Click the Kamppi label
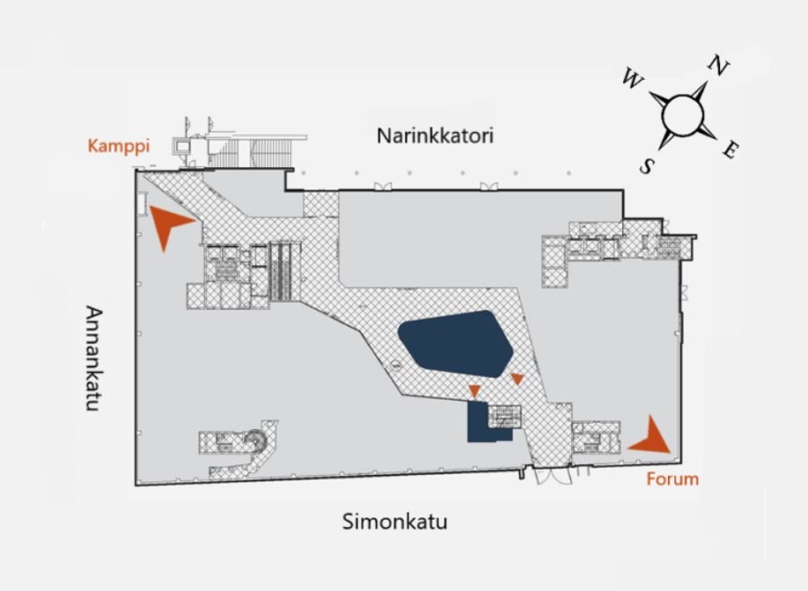(x=118, y=146)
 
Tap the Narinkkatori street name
(x=435, y=137)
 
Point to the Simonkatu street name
(x=395, y=521)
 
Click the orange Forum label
(x=672, y=479)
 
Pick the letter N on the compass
(x=718, y=65)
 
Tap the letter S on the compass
(x=647, y=165)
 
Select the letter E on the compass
(x=730, y=151)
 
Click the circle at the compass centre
(x=682, y=114)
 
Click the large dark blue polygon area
(x=455, y=344)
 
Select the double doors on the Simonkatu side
(x=553, y=474)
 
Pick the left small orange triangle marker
(x=475, y=389)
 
